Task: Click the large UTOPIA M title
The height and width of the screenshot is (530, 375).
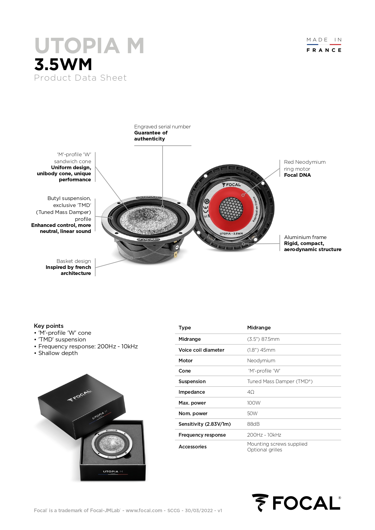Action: coord(89,46)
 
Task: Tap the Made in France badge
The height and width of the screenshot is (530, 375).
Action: coord(324,45)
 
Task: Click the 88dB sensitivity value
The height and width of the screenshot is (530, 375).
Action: coord(253,424)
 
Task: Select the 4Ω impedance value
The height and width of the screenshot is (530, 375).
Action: coord(251,392)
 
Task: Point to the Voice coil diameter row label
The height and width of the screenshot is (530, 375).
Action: coord(201,350)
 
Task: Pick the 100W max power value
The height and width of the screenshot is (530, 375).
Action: coord(254,403)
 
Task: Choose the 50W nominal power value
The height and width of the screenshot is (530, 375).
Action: coord(252,413)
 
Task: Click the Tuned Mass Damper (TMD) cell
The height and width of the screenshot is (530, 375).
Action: coord(280,381)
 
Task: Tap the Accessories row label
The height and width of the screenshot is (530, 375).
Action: coord(192,447)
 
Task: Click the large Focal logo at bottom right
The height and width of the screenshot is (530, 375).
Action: coord(296,503)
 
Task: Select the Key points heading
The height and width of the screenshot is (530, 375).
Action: coord(49,326)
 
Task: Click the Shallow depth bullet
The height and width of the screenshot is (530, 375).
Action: coord(58,353)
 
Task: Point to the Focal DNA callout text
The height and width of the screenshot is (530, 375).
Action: coord(297,175)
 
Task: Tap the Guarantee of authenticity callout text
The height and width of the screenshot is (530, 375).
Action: coord(151,136)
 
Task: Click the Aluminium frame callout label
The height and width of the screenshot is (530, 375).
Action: coord(305,237)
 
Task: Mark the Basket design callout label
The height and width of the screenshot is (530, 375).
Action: coord(74,261)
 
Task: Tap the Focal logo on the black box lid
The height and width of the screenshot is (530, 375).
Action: coord(79,396)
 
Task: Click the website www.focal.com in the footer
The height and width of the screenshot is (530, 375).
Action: coord(144,510)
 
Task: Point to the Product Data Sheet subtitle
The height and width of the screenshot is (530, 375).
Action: coord(80,78)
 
